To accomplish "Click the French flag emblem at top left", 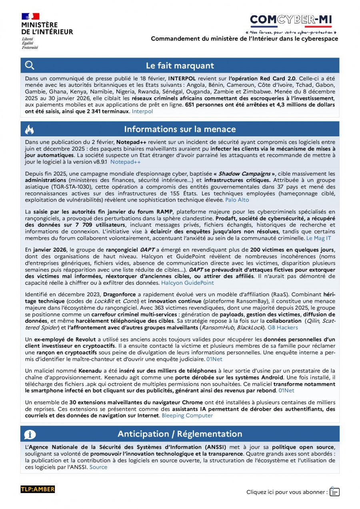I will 30,16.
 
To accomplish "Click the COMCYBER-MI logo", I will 291,20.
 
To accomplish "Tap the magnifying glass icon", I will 30,66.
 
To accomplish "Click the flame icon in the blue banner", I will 30,129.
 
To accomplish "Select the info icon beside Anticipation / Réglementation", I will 30,434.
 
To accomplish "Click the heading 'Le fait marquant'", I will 180,66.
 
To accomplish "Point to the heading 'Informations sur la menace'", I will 180,129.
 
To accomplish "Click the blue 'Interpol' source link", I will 142,112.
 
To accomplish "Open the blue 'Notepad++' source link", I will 126,162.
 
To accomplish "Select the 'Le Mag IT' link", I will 318,238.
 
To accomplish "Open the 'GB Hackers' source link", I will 282,327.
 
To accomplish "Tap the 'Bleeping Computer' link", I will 187,415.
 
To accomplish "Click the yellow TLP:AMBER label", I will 38,489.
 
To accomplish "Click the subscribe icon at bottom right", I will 334,491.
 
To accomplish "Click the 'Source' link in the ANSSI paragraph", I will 98,467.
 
